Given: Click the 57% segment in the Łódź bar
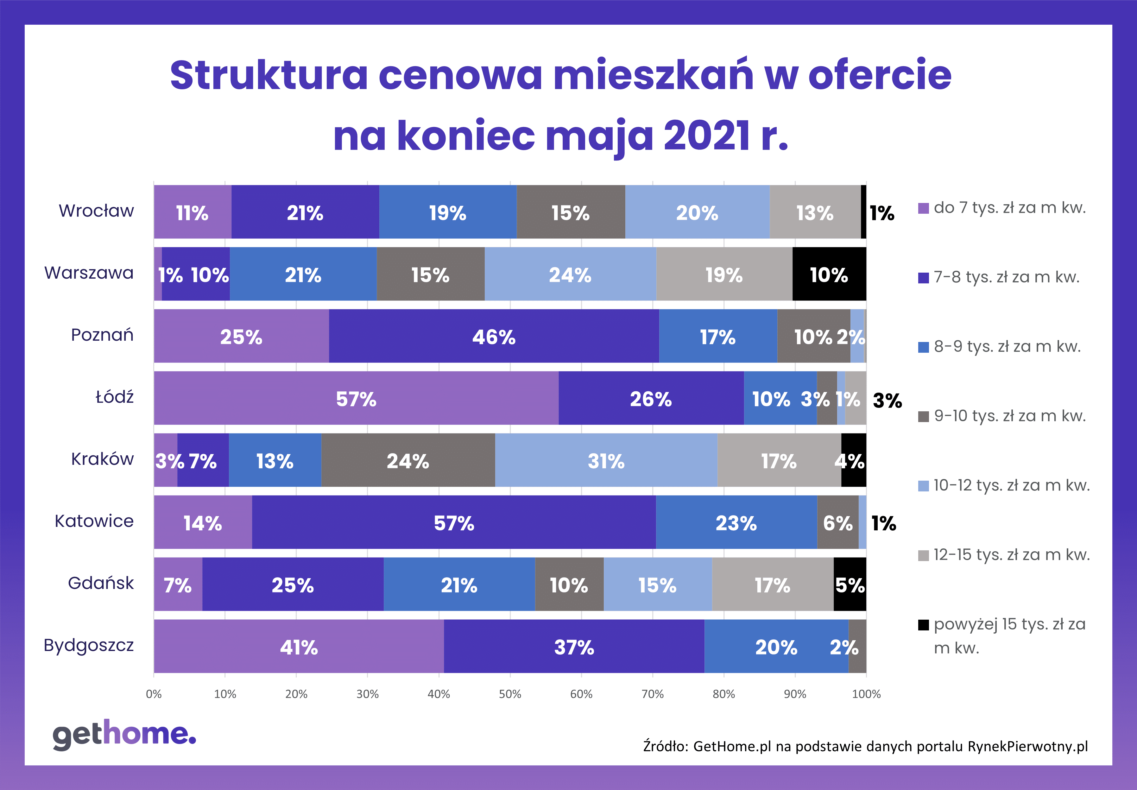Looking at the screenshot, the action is (357, 398).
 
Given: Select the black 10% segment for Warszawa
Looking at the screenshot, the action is (829, 274).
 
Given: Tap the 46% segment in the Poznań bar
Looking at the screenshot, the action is (494, 336).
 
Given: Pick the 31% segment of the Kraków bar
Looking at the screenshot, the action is (606, 460).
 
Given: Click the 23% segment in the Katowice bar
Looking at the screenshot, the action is (736, 522).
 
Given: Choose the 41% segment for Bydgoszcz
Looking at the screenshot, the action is (299, 647).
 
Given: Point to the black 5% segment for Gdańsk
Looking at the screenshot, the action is (850, 584).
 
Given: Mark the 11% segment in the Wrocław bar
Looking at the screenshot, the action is (193, 212).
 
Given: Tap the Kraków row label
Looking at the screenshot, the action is (103, 459).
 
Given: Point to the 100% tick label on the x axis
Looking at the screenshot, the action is (866, 694).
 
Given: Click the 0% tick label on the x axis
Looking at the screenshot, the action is (154, 694).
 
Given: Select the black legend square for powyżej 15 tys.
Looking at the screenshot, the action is (924, 625).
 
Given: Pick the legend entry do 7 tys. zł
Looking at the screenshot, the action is (1002, 208).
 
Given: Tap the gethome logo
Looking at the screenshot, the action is (124, 735).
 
